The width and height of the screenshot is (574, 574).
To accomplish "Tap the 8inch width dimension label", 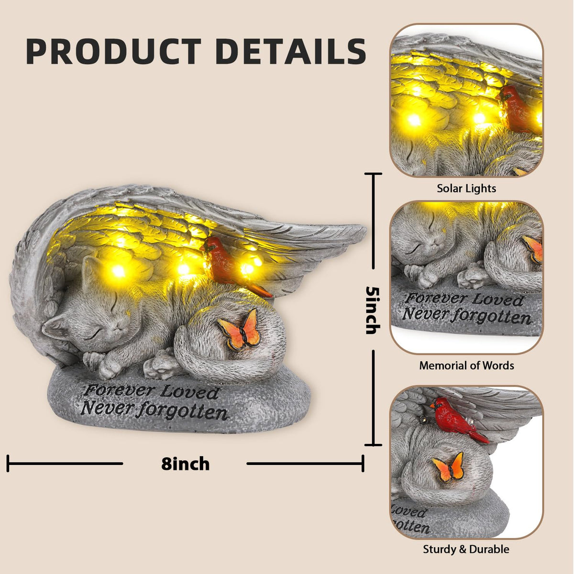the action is pos(185,464).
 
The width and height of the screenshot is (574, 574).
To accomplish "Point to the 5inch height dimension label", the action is pos(373,310).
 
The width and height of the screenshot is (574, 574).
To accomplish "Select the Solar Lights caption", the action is pos(466,188).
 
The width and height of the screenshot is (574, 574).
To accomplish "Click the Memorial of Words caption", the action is pos(466,365).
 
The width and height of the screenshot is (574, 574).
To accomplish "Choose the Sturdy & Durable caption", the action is pos(466,541).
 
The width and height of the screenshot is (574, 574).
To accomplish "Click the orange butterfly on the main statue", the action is pos(240,330).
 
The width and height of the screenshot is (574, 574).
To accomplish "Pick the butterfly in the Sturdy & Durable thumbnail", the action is pos(448,467).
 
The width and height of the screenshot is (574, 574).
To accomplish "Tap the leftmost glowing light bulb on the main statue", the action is pos(118,271).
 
